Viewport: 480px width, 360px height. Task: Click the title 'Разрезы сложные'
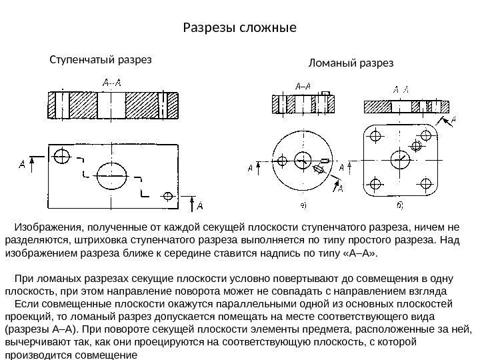239,29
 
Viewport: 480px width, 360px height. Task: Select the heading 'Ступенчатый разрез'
101,59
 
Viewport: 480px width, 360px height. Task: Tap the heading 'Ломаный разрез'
351,63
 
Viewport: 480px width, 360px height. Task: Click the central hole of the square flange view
401,160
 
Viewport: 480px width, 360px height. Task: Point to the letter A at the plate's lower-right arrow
200,204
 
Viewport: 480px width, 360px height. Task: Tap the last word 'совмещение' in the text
110,355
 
